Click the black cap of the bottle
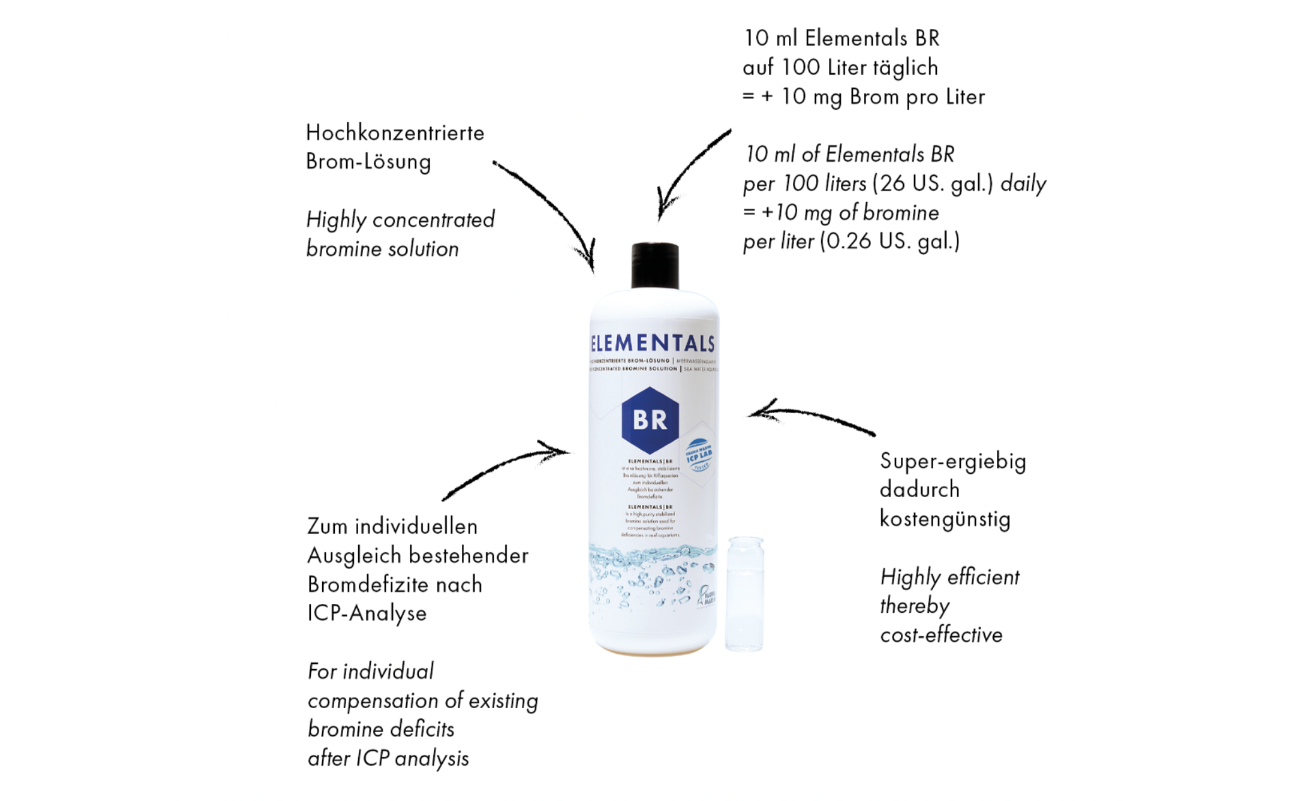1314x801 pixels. [654, 266]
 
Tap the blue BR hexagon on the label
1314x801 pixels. [650, 420]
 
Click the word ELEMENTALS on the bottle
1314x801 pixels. [653, 344]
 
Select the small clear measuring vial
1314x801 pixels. [744, 593]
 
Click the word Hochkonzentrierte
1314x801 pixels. [395, 133]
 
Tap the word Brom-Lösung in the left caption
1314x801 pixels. [368, 162]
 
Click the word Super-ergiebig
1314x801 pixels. [953, 462]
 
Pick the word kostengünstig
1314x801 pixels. [945, 519]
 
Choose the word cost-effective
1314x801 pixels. [941, 635]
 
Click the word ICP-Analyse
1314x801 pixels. [367, 613]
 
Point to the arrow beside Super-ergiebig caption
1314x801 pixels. [812, 418]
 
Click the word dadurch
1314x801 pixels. [919, 490]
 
